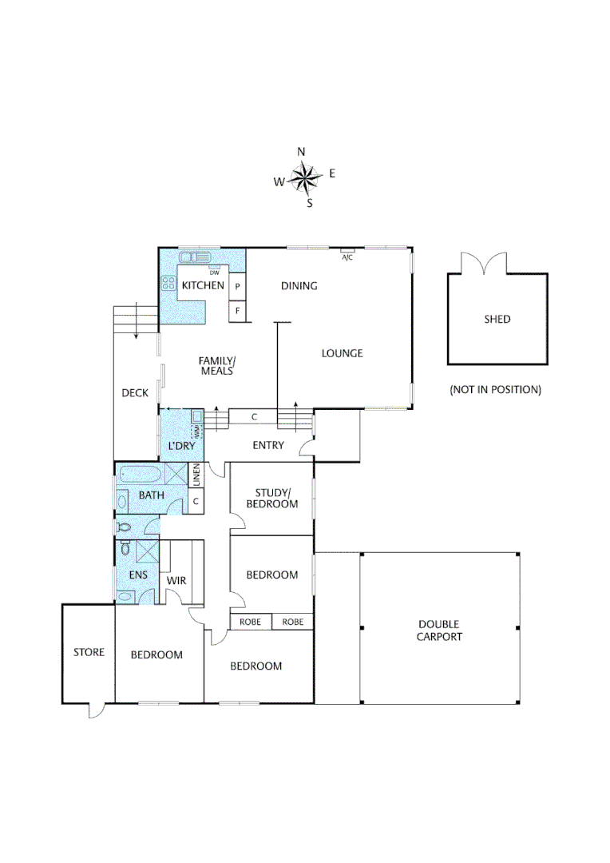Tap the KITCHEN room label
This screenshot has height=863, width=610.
203,285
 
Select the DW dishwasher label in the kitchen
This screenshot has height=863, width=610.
214,272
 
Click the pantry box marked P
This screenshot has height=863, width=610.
237,286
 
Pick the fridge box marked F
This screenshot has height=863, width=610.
237,310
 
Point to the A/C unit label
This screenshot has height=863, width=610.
347,257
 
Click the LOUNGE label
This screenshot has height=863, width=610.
342,353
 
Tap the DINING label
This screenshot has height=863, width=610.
299,285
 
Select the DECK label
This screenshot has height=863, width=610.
135,392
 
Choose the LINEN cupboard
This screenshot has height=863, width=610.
196,475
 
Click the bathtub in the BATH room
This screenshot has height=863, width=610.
140,476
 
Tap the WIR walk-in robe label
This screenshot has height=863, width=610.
176,580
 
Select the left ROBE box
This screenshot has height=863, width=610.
251,622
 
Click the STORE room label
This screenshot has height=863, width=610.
89,652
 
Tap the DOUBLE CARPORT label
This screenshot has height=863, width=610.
439,630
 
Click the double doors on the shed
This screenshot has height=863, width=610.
484,263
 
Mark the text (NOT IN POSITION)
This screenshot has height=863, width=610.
495,390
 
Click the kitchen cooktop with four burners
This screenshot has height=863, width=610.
168,283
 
